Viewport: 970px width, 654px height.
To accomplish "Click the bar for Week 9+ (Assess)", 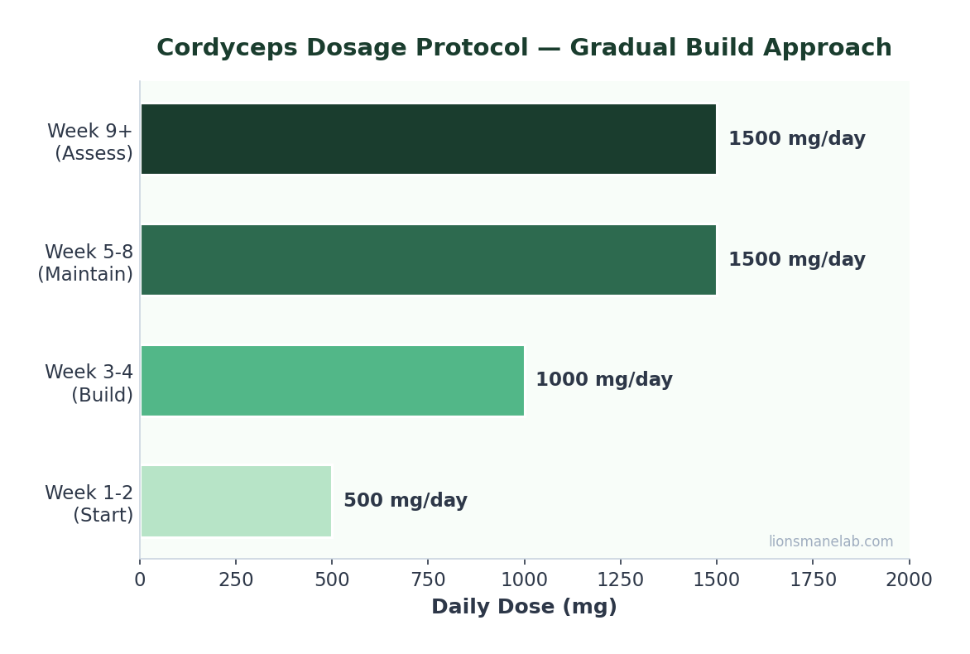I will point(428,139).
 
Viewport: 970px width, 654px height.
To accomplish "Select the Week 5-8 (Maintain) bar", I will point(428,260).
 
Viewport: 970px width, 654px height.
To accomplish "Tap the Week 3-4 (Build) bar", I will point(332,381).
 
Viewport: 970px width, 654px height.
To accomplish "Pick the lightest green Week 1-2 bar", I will point(236,501).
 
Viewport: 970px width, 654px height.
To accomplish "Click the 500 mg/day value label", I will point(405,501).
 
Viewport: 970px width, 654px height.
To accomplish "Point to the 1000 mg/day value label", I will point(603,381).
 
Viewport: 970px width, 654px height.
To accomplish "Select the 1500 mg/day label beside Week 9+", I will point(796,139).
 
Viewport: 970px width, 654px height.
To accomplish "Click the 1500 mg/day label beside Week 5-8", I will point(796,260).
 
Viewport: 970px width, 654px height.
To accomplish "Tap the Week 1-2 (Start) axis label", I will point(89,504).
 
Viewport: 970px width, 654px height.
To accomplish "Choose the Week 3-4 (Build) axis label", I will point(89,384).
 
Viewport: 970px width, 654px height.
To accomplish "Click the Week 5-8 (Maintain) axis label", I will point(85,263).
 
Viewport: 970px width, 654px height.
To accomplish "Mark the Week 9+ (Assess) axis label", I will point(89,142).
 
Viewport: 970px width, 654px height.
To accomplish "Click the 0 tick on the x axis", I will point(140,580).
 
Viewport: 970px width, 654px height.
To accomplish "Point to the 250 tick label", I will point(236,580).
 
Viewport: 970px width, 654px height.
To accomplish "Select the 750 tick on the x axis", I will point(428,580).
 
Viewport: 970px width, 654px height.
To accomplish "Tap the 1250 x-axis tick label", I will point(620,580).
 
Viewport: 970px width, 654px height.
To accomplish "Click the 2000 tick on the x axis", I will point(908,580).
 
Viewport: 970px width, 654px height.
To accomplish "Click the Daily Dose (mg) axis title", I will point(524,608).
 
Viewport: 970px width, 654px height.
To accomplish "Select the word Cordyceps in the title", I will point(220,49).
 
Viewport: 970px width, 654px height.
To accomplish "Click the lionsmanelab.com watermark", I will point(830,542).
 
